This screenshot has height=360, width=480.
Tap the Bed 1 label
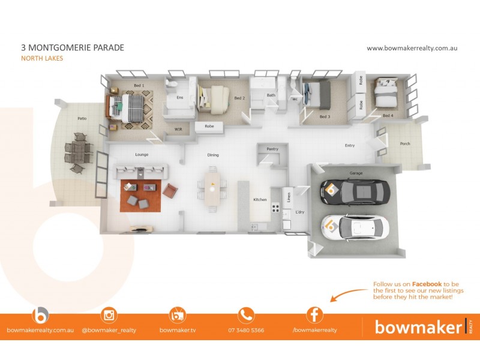(139, 86)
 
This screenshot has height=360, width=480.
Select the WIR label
(178, 128)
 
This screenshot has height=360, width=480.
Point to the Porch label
(405, 143)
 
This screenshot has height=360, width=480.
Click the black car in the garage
(355, 192)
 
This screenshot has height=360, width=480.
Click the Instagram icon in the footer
(109, 315)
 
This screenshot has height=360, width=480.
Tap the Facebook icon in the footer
(315, 315)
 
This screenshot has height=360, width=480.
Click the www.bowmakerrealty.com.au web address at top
(412, 48)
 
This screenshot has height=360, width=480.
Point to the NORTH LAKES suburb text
(42, 58)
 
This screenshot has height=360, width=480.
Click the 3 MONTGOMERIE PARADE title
(72, 47)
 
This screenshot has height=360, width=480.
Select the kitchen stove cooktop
(277, 208)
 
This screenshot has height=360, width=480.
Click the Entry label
(349, 145)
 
